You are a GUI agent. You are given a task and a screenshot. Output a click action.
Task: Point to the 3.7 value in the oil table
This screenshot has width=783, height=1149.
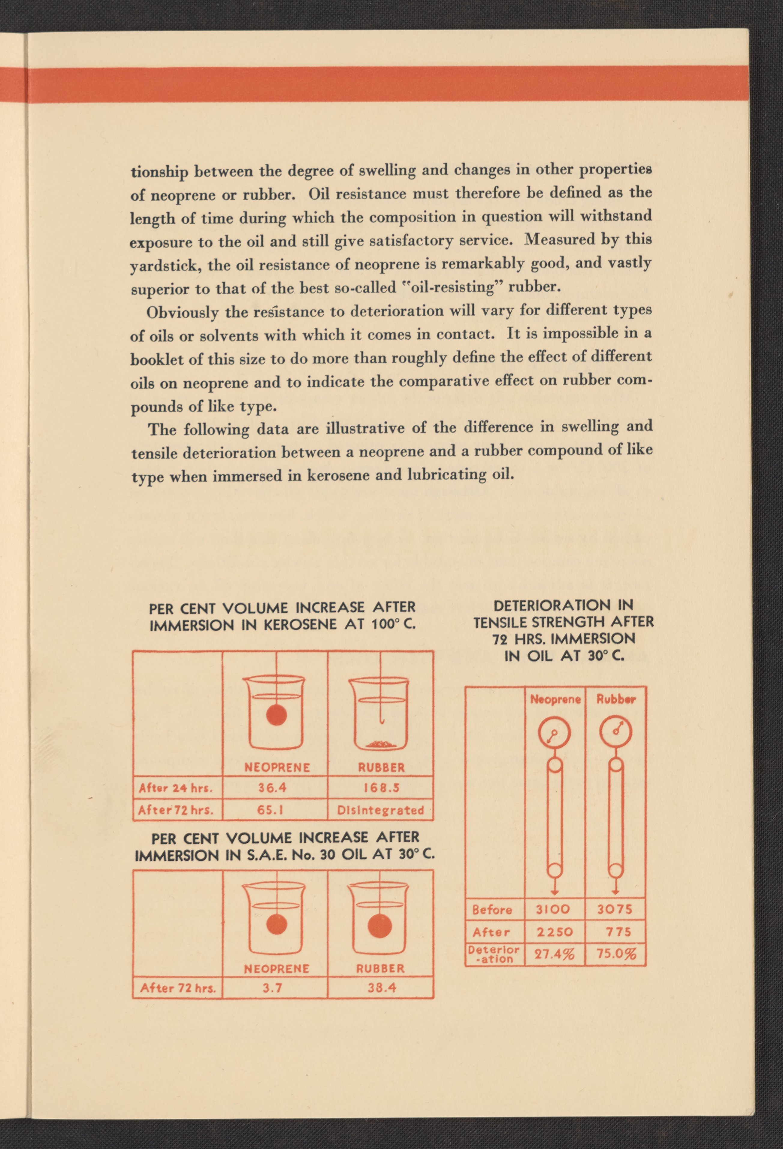272,988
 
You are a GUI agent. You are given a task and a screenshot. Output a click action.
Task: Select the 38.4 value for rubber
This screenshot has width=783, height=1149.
381,988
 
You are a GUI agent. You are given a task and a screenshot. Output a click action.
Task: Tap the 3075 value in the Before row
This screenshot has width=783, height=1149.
615,910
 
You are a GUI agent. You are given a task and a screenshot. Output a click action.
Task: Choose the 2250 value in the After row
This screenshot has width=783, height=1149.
555,932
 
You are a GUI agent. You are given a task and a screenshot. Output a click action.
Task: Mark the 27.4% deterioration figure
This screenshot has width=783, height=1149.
555,954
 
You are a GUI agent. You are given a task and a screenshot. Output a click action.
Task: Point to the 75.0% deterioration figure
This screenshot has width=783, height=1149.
616,954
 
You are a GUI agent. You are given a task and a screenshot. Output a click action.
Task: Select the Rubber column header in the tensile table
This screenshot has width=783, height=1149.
615,699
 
